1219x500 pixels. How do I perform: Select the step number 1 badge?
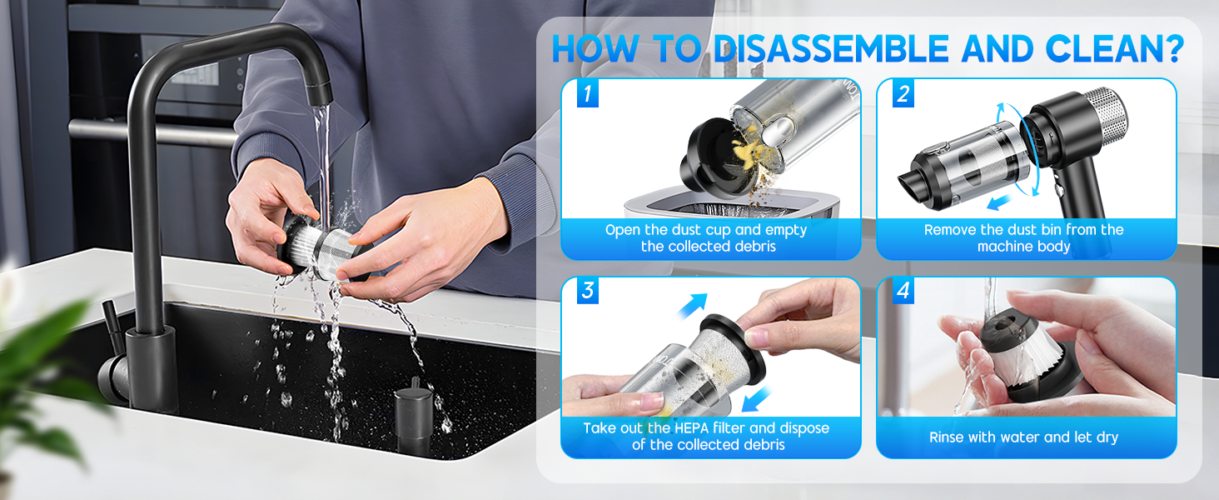588,94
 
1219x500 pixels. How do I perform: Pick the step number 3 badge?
588,291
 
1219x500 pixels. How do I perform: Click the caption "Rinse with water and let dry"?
1023,437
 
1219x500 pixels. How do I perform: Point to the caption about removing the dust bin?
1023,238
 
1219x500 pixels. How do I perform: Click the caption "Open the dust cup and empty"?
706,230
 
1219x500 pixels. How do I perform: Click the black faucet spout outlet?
318,93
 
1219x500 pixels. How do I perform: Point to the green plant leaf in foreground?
42,358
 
